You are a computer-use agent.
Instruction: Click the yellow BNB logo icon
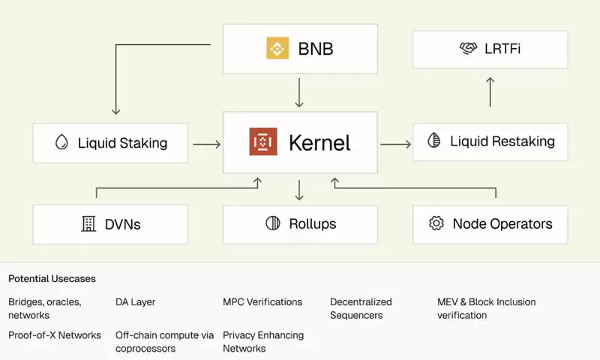pyautogui.click(x=277, y=49)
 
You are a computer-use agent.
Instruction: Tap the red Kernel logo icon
pyautogui.click(x=263, y=142)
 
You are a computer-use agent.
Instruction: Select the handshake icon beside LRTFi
pyautogui.click(x=468, y=49)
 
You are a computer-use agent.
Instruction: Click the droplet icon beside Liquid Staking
pyautogui.click(x=61, y=142)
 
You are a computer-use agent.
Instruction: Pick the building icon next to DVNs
pyautogui.click(x=88, y=223)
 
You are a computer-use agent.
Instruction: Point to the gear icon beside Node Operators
pyautogui.click(x=436, y=223)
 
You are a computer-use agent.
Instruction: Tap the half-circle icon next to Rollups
pyautogui.click(x=273, y=223)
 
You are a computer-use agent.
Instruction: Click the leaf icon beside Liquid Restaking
pyautogui.click(x=433, y=141)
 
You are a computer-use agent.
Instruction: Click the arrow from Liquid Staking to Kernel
pyautogui.click(x=206, y=142)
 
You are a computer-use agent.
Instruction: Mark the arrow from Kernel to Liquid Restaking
pyautogui.click(x=394, y=142)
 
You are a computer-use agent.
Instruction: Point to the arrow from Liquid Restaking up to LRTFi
pyautogui.click(x=490, y=91)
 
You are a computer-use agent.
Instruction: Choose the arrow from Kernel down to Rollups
pyautogui.click(x=299, y=189)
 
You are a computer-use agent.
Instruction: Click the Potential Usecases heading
pyautogui.click(x=52, y=279)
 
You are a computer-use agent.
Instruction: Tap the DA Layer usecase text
pyautogui.click(x=135, y=302)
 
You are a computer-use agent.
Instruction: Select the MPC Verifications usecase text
pyautogui.click(x=262, y=302)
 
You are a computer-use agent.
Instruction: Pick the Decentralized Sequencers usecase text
pyautogui.click(x=361, y=308)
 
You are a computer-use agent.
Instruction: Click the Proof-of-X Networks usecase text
pyautogui.click(x=54, y=335)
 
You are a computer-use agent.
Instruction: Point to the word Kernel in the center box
pyautogui.click(x=319, y=142)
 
